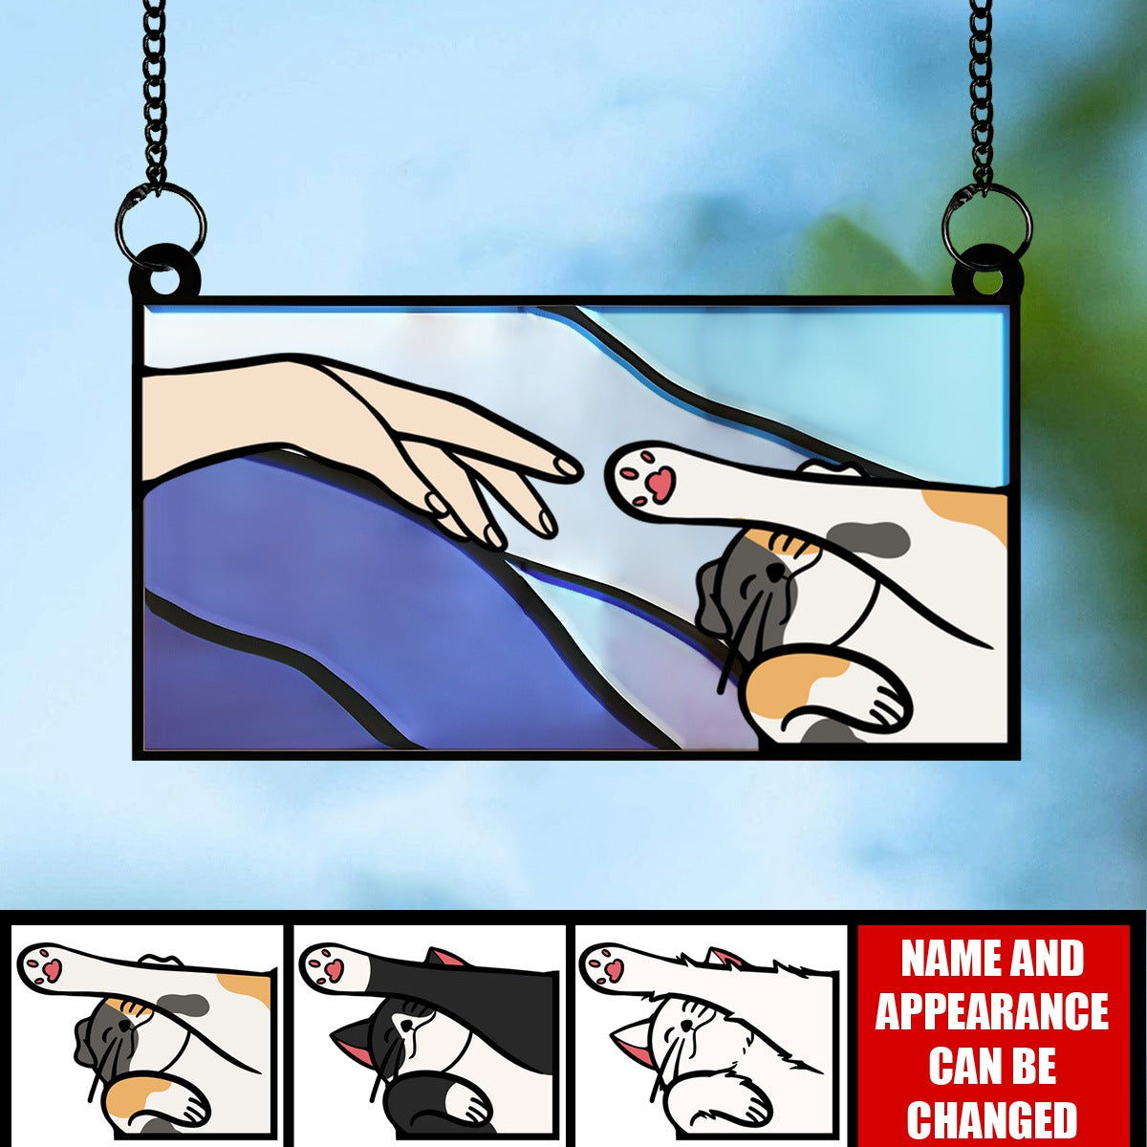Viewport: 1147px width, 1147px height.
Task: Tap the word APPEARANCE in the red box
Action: pos(992,1011)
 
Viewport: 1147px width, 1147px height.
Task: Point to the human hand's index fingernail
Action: pos(568,468)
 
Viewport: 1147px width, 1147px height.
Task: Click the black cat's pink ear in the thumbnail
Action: pos(444,957)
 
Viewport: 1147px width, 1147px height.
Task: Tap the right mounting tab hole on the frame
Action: pos(987,280)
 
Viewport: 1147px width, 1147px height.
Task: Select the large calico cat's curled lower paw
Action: pos(851,688)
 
